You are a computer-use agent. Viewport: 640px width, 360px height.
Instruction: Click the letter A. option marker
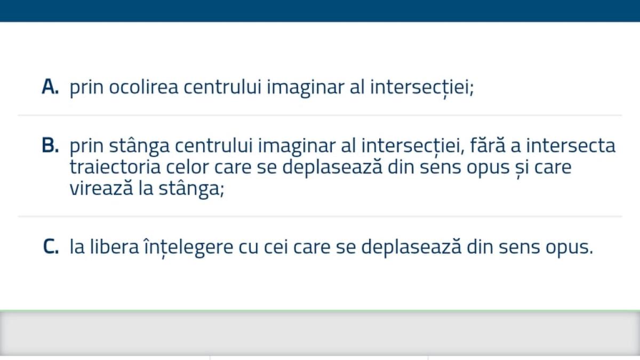point(50,87)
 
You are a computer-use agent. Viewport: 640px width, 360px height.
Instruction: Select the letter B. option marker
point(50,146)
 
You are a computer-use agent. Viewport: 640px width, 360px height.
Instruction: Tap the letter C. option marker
point(50,247)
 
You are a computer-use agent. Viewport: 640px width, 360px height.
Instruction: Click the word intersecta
point(569,146)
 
